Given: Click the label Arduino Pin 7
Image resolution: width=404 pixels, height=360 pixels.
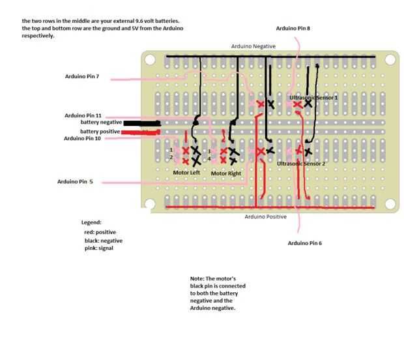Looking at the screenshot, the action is pyautogui.click(x=82, y=76).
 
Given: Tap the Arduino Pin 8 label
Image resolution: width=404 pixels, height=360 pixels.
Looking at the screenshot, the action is pyautogui.click(x=293, y=28).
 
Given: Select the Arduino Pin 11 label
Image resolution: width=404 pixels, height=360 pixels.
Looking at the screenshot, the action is pyautogui.click(x=83, y=115).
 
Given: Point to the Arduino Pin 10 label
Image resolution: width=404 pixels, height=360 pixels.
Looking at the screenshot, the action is pyautogui.click(x=82, y=138).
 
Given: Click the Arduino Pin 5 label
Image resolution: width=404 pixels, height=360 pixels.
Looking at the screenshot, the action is pyautogui.click(x=75, y=181).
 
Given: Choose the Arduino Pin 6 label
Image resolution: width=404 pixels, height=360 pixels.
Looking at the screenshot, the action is pyautogui.click(x=305, y=243).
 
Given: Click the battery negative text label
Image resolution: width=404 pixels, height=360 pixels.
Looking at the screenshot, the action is pyautogui.click(x=101, y=122).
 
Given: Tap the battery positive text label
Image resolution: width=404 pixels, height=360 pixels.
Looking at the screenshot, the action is pyautogui.click(x=100, y=132).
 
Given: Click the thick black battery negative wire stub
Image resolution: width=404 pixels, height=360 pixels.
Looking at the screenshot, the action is pyautogui.click(x=142, y=123).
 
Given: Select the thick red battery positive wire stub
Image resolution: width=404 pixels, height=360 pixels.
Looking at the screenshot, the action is pyautogui.click(x=141, y=132).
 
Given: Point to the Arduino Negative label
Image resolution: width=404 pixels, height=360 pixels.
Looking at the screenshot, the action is pyautogui.click(x=253, y=46).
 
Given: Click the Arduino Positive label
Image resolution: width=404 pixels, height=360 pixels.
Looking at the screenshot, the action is pyautogui.click(x=266, y=217).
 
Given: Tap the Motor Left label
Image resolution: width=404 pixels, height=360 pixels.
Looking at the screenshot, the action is pyautogui.click(x=186, y=173).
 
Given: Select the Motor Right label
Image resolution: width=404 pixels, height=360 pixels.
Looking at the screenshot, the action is pyautogui.click(x=226, y=173).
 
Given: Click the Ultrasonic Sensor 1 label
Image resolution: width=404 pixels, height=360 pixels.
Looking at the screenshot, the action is pyautogui.click(x=313, y=98).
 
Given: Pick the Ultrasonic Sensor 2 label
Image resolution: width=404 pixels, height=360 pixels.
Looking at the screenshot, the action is pyautogui.click(x=301, y=164).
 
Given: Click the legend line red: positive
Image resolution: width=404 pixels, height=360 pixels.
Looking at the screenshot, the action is pyautogui.click(x=100, y=232).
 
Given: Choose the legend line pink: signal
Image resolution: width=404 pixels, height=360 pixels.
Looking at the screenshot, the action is pyautogui.click(x=99, y=248).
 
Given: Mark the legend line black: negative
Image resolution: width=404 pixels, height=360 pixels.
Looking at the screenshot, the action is pyautogui.click(x=104, y=241).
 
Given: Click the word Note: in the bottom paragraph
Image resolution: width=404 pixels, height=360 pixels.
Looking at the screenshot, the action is pyautogui.click(x=197, y=278).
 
